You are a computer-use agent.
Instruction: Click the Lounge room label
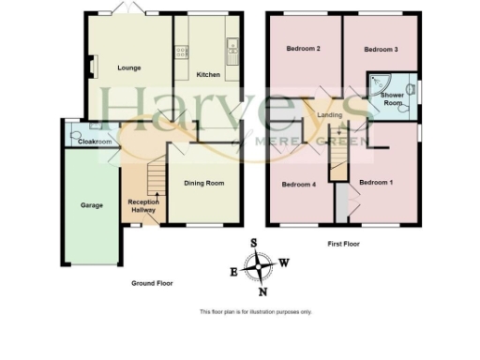pyautogui.click(x=128, y=67)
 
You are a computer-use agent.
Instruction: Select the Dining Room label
pyautogui.click(x=203, y=184)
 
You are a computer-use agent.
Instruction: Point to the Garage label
pyautogui.click(x=91, y=205)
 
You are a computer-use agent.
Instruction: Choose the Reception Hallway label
pyautogui.click(x=143, y=205)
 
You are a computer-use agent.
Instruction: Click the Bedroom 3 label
pyautogui.click(x=382, y=49)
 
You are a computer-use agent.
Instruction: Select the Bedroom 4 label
pyautogui.click(x=298, y=184)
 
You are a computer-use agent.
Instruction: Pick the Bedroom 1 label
pyautogui.click(x=376, y=182)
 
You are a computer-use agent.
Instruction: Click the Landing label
pyautogui.click(x=330, y=115)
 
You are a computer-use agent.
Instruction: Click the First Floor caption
pyautogui.click(x=345, y=245)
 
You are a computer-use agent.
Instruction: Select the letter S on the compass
pyautogui.click(x=253, y=242)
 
